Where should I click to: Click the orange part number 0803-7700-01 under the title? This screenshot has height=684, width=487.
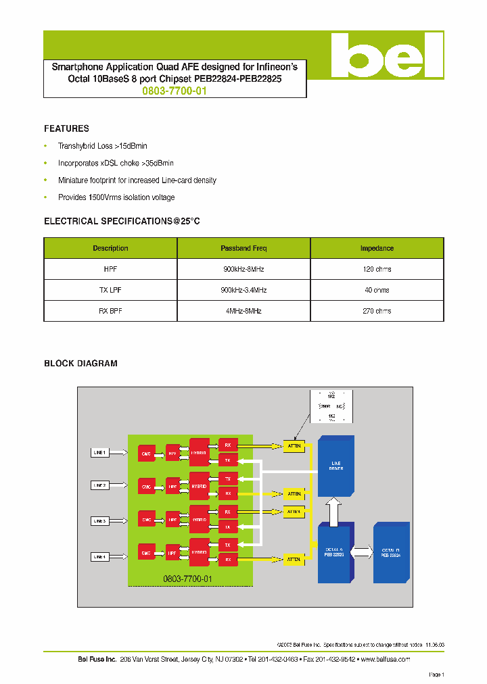click(175, 90)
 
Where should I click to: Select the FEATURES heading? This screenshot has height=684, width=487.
click(66, 128)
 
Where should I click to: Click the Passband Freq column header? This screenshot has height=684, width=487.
click(243, 248)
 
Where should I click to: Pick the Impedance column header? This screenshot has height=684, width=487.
click(377, 248)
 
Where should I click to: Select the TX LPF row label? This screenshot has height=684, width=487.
click(110, 290)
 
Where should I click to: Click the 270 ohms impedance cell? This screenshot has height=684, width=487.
click(377, 311)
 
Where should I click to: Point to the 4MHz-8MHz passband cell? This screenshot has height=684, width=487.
click(243, 311)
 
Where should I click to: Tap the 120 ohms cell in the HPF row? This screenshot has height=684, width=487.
click(377, 269)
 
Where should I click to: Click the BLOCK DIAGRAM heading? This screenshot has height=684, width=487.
click(80, 364)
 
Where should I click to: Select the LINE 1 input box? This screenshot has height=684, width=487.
click(99, 451)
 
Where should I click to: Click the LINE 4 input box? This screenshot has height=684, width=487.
click(99, 557)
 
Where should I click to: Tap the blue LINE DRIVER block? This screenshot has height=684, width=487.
click(336, 466)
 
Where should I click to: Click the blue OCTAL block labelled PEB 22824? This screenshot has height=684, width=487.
click(391, 552)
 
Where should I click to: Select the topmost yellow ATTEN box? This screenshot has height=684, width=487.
click(294, 446)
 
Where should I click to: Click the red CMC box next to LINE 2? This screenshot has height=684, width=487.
click(145, 487)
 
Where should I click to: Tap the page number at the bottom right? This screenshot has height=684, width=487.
click(436, 675)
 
